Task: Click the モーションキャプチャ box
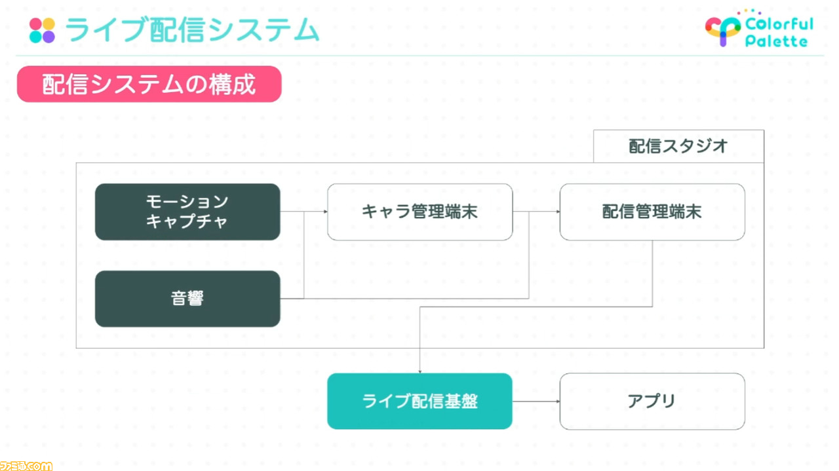pos(187,212)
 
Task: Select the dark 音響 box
pos(187,299)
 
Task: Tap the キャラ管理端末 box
pos(420,212)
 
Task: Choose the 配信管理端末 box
pos(652,212)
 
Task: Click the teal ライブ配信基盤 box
pos(420,401)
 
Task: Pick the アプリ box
pos(652,401)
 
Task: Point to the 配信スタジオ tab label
pos(678,146)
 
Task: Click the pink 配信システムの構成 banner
pos(149,85)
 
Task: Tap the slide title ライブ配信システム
pos(192,29)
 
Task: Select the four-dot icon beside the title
pos(42,30)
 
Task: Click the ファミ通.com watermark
pos(26,466)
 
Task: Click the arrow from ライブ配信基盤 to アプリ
pos(536,402)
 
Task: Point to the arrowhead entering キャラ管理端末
pos(326,212)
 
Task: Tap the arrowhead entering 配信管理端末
pos(558,212)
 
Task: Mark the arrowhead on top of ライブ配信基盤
pos(420,371)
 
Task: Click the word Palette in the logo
pos(776,41)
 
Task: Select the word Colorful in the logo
pos(779,24)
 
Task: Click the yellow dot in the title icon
pos(49,24)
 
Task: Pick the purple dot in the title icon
pos(49,37)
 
